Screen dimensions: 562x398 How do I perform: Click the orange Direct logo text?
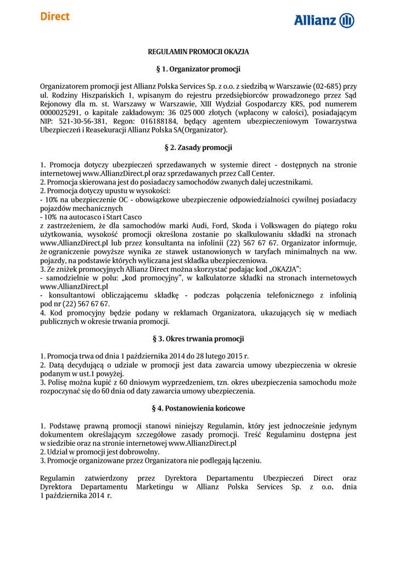[54, 16]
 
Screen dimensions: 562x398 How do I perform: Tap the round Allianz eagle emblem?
[347, 21]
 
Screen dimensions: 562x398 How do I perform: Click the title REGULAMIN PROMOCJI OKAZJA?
[198, 52]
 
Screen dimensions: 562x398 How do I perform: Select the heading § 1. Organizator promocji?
[198, 69]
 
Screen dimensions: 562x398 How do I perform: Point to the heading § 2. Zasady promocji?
[198, 148]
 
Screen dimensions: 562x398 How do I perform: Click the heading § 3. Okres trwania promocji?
[198, 339]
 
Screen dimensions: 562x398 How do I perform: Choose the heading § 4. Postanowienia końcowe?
[198, 408]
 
